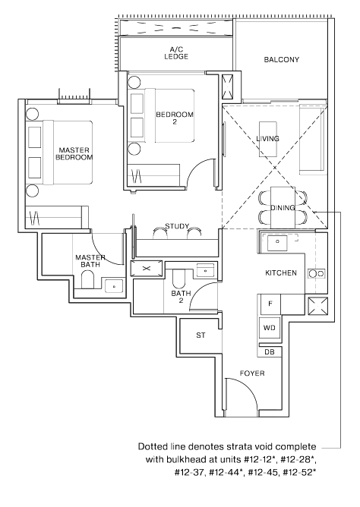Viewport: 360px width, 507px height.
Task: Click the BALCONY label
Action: click(282, 59)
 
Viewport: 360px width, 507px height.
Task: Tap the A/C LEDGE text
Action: click(176, 53)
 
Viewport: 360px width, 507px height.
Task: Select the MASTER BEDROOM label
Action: click(74, 153)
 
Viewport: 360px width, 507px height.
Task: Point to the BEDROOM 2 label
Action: click(175, 118)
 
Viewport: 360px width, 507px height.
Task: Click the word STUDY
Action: click(177, 226)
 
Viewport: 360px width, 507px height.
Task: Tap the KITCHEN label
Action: click(281, 273)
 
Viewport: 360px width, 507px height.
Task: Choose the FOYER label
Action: click(252, 373)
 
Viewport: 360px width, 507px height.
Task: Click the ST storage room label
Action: click(201, 335)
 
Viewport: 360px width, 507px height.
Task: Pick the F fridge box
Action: click(269, 304)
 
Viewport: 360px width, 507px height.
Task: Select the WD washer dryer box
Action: click(270, 328)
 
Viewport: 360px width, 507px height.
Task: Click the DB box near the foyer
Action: click(270, 352)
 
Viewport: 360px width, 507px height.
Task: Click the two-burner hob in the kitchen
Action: click(317, 273)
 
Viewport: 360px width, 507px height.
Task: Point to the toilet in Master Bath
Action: click(87, 279)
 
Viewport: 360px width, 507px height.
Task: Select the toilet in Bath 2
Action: click(178, 279)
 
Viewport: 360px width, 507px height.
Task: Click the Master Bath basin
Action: click(114, 286)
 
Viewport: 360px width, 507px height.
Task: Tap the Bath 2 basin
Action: click(205, 270)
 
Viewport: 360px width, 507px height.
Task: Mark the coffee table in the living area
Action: click(268, 139)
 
